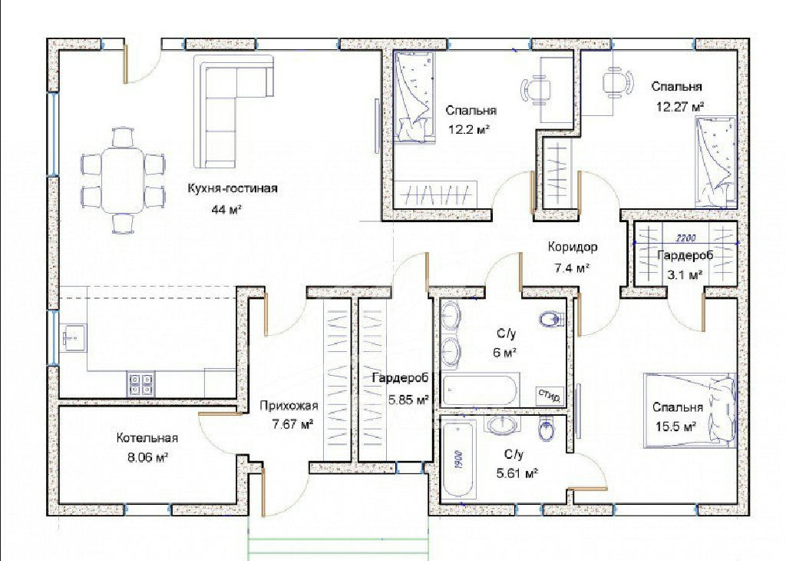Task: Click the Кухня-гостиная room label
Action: click(232, 189)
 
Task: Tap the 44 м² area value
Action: click(226, 209)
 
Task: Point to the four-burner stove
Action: click(140, 384)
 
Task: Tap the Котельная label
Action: click(147, 438)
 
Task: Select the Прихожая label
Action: click(289, 406)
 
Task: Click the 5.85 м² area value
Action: click(408, 400)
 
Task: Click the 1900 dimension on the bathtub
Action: click(459, 458)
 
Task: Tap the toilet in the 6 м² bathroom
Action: click(551, 319)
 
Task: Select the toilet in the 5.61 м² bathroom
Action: click(546, 430)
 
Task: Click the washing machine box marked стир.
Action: click(550, 396)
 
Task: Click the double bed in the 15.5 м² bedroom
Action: click(690, 410)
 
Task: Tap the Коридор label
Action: click(572, 247)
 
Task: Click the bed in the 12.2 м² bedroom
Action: click(414, 96)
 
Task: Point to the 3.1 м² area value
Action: click(684, 275)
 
